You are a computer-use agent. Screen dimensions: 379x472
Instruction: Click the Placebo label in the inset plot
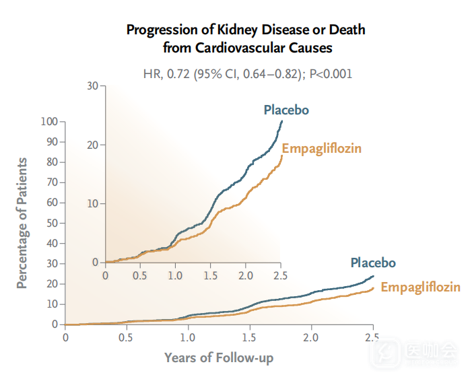click(286, 110)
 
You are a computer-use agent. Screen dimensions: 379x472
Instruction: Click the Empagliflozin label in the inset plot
click(322, 148)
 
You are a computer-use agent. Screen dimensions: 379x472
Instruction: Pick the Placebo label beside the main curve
click(372, 263)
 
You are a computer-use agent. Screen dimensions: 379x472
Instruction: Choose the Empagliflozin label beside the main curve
click(421, 287)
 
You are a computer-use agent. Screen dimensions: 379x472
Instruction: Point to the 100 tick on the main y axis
click(49, 122)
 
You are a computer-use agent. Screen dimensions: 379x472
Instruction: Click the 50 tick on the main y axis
click(52, 223)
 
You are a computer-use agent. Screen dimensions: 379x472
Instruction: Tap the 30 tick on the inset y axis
click(92, 85)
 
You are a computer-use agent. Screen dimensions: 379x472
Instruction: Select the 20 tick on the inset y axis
click(92, 145)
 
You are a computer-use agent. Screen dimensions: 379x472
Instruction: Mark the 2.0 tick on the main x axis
click(310, 336)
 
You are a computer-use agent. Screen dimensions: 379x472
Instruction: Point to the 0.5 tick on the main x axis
click(126, 336)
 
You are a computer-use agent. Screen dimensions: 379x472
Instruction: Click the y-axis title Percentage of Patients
click(23, 223)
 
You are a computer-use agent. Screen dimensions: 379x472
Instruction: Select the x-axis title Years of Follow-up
click(219, 357)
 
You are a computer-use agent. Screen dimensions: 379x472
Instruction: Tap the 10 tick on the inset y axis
click(92, 203)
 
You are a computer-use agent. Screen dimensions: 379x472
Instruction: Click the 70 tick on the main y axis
click(52, 182)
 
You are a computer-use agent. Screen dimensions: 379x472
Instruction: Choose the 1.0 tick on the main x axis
click(188, 336)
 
